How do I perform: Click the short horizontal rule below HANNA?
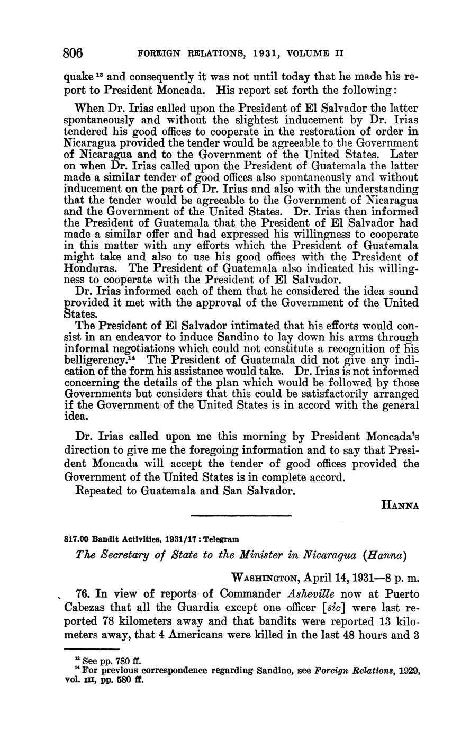tap(241, 516)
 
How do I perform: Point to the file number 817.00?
tap(75, 539)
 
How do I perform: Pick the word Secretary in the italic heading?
tap(123, 556)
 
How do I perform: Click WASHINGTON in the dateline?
tap(267, 575)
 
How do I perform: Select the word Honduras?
tap(89, 268)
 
